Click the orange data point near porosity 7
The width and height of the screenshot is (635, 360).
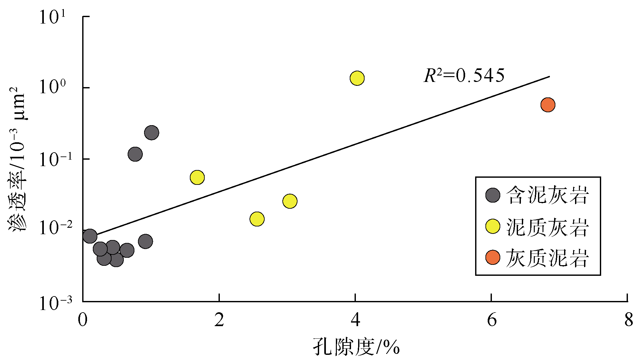point(548,105)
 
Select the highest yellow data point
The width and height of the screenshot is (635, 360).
point(357,78)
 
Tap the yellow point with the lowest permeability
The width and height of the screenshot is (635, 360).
point(257,219)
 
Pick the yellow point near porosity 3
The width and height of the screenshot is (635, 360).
point(290,201)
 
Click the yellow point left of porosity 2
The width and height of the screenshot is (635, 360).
point(197,177)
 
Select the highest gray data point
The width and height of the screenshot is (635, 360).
point(151,133)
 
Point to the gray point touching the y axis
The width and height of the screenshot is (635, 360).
point(90,236)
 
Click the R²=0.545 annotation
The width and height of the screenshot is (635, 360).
point(464,76)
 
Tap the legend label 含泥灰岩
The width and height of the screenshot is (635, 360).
point(547,195)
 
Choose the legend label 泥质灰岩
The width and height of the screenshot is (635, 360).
point(547,227)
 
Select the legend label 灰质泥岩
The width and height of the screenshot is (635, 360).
point(547,258)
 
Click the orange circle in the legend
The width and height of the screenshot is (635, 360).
point(493,257)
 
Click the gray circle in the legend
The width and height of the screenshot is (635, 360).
point(493,195)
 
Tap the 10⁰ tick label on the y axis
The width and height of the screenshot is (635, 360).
point(52,87)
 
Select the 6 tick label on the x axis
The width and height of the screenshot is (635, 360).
point(492,321)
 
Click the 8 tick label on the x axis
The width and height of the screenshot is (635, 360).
point(628,321)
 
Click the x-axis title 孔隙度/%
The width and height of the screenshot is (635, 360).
point(356,348)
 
